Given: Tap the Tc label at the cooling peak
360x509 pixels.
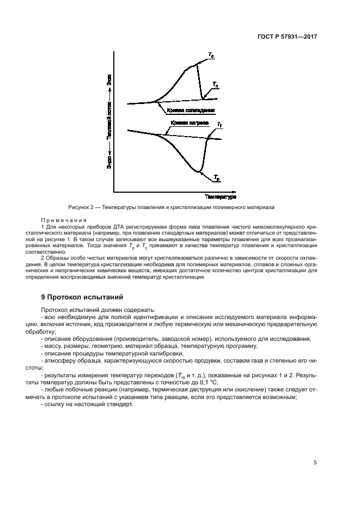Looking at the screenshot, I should pyautogui.click(x=211, y=54).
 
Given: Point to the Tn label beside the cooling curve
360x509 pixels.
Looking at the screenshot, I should pyautogui.click(x=216, y=84).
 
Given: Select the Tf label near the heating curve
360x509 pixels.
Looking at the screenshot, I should pyautogui.click(x=219, y=125).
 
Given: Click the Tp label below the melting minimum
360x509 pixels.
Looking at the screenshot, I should pyautogui.click(x=216, y=178).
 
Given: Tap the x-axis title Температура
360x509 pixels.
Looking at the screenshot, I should pyautogui.click(x=205, y=196).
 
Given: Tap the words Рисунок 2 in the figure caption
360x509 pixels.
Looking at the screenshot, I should pyautogui.click(x=82, y=207).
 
